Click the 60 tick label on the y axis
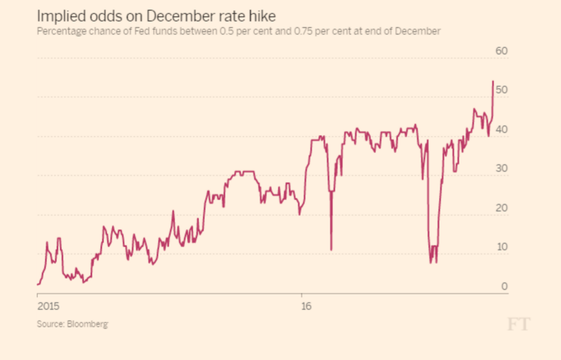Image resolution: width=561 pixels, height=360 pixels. click(502, 51)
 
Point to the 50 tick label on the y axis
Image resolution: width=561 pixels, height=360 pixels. click(501, 90)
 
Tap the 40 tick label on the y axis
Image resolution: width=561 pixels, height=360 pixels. click(501, 129)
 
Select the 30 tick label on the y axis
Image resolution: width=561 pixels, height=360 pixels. click(501, 168)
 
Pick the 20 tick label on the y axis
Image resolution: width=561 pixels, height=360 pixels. click(501, 208)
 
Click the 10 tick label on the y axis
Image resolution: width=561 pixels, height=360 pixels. click(501, 247)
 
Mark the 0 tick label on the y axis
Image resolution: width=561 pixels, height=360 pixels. click(504, 286)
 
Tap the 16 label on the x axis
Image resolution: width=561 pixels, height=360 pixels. click(306, 306)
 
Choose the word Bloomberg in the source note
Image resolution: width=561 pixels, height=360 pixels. click(88, 324)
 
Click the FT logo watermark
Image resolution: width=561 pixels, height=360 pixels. click(518, 324)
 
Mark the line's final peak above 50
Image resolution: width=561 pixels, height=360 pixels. click(493, 81)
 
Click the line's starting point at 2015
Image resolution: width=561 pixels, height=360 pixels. click(37, 285)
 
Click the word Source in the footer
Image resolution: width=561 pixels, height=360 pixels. click(50, 324)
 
